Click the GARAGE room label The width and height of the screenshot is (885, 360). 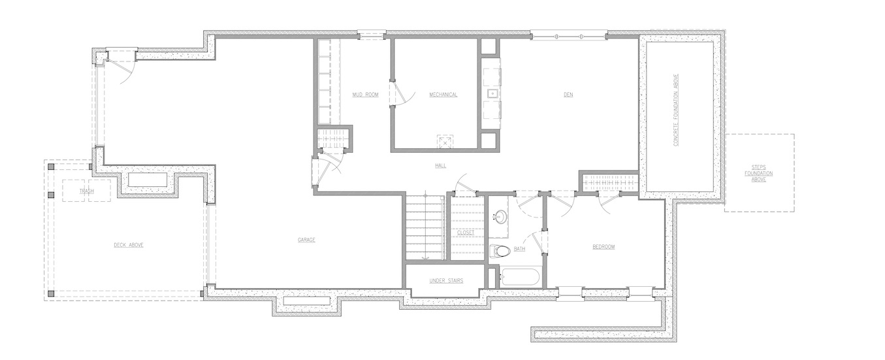(306, 240)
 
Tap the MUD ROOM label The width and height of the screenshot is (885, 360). (366, 95)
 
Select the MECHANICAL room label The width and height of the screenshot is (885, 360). (443, 95)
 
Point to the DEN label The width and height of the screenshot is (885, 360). (568, 95)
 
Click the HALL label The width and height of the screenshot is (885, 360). (440, 165)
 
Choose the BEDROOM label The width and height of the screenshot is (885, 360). (603, 247)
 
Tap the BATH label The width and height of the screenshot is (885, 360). (519, 249)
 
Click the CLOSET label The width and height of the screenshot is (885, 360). (466, 233)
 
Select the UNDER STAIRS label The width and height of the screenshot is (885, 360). (447, 280)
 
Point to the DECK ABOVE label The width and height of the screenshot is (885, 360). (129, 245)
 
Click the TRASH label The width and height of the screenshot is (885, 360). (86, 191)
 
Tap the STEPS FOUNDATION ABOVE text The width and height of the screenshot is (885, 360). (758, 173)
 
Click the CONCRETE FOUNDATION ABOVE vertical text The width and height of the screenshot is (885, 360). (675, 110)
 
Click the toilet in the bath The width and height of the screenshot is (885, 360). (499, 251)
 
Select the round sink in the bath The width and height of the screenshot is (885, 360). (499, 216)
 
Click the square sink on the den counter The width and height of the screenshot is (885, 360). (492, 93)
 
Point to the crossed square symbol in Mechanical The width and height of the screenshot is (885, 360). (445, 142)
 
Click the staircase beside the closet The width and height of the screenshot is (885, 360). (425, 227)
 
